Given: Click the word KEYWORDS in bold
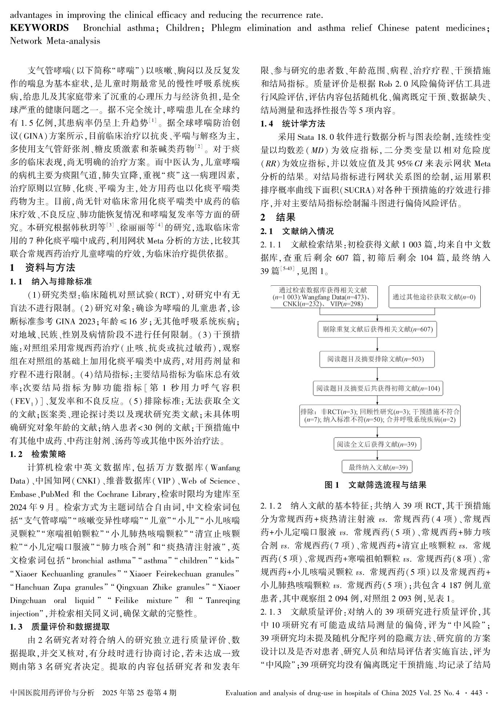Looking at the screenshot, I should pos(39,28).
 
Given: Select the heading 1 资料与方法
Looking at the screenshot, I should pos(43,268).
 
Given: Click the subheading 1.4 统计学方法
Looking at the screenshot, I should pos(293,124).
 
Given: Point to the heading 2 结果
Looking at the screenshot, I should pos(278,218).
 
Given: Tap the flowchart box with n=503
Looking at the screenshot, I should pos(377,359).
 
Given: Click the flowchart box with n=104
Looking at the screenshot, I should pos(377,388).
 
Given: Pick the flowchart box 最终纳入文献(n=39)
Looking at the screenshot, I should pos(377,467).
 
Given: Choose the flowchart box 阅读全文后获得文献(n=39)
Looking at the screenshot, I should pos(377,444).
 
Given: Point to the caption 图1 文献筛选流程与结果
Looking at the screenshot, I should pos(375,485).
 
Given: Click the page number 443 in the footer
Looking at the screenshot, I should pos(476,693).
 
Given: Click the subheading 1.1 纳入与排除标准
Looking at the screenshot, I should pos(51,282).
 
